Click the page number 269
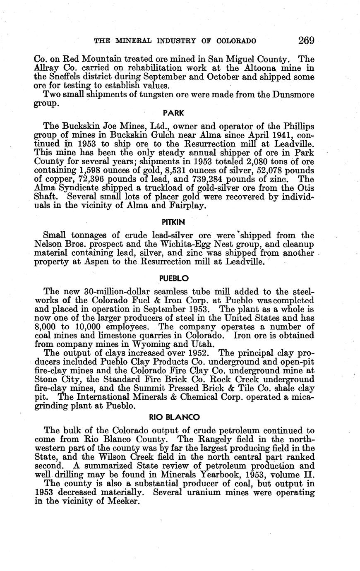306,41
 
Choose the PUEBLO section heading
174,278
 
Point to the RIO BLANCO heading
174,417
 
